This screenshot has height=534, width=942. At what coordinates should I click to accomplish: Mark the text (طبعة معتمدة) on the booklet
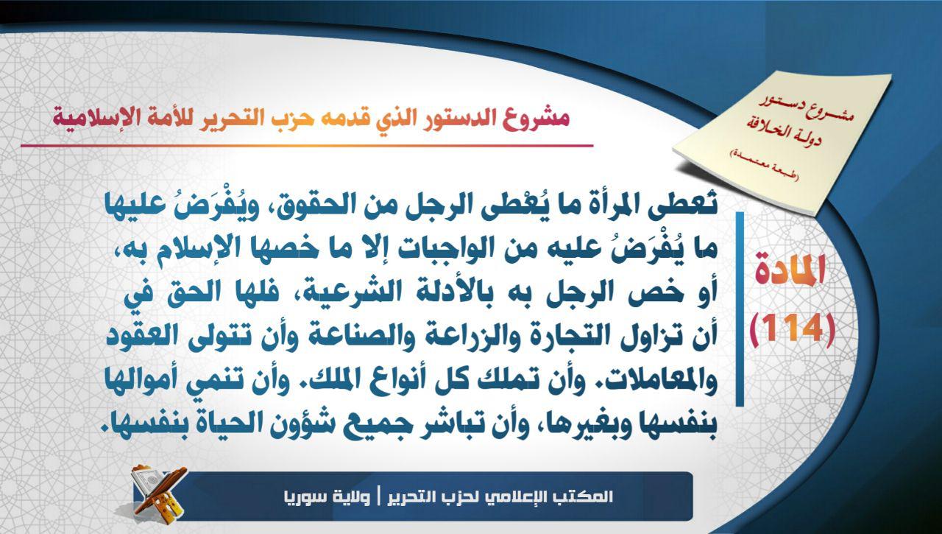763,166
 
